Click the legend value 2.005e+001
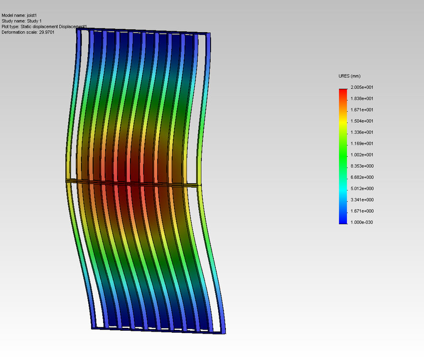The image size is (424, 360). point(362,87)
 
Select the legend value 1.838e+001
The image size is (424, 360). point(362,98)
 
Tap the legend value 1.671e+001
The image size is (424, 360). point(362,110)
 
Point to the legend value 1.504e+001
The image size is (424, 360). point(362,121)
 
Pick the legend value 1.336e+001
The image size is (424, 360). point(362,132)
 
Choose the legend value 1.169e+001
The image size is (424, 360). point(362,144)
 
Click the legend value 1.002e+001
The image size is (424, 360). point(362,155)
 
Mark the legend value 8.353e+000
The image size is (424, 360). point(362,166)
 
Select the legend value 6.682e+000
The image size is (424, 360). point(362,177)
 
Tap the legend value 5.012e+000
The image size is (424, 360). point(362,189)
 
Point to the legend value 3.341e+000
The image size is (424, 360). point(362,200)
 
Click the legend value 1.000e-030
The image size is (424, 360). point(362,222)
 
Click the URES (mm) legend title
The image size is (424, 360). point(349,76)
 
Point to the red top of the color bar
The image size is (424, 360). point(342,91)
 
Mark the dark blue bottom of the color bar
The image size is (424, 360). point(342,221)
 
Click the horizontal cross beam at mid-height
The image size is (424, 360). point(134,182)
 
